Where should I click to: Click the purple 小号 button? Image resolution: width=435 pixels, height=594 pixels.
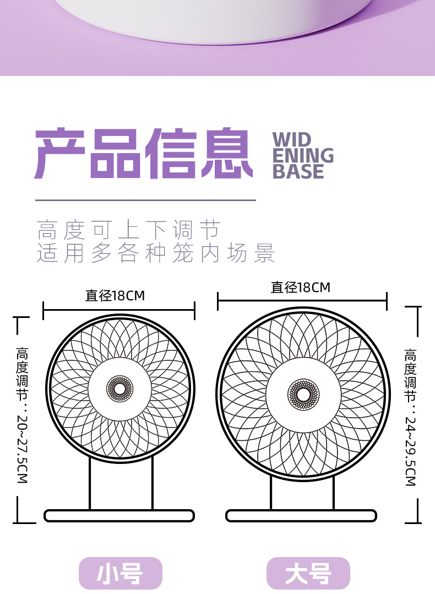coord(120,574)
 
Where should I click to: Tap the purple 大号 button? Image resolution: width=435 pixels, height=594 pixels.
coord(308,574)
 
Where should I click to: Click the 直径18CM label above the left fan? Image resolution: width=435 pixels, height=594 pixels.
coord(115,296)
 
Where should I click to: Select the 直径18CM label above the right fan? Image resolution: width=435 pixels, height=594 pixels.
coord(301,287)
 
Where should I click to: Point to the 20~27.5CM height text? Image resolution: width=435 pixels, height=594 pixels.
coord(22,446)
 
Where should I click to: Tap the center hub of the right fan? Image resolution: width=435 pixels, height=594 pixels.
coord(303,395)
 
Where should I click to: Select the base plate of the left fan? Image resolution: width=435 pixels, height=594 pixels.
coord(119,516)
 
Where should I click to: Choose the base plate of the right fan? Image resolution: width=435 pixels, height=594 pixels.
coord(301,516)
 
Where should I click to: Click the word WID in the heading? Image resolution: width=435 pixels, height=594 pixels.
coord(292,140)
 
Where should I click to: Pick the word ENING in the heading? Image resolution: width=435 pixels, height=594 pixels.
coord(303,156)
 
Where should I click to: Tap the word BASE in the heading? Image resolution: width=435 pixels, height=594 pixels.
coord(298,172)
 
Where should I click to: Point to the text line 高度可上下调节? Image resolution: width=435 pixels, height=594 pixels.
coord(129,229)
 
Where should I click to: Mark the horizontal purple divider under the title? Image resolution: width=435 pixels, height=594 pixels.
coord(145,200)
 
